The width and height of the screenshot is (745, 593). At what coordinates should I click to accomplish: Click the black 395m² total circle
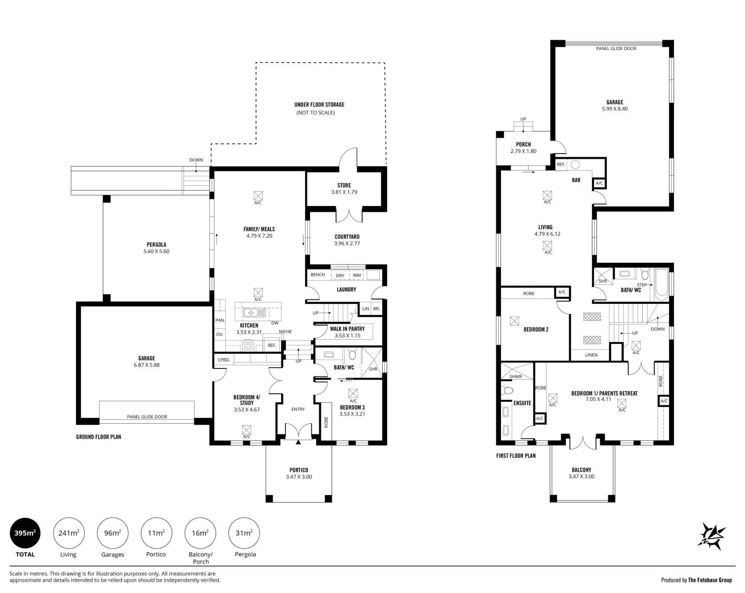tap(25, 533)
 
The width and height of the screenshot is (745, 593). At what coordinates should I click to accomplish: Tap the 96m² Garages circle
tap(112, 533)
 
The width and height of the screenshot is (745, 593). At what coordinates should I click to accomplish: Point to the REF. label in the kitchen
tap(272, 345)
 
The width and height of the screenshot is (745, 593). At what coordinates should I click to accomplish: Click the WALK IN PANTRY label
tap(347, 329)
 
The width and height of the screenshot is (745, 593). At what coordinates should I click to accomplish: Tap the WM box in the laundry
tap(357, 275)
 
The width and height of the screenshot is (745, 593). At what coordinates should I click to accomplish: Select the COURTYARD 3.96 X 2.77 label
tap(347, 240)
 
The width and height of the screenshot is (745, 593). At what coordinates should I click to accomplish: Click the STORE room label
tap(344, 185)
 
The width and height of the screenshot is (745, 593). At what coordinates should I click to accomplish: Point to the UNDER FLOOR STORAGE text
tap(319, 105)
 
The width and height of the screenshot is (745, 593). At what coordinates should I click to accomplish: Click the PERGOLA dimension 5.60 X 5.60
tap(156, 251)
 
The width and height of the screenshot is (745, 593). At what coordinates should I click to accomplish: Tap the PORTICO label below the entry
tap(299, 470)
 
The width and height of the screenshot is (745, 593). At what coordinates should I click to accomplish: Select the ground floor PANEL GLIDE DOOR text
tap(147, 417)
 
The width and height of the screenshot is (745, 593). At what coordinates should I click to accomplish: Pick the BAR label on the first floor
tap(576, 180)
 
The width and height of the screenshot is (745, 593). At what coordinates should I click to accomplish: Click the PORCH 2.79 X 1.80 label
tap(523, 148)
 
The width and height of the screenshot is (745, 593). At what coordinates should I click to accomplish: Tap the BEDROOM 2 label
tap(536, 329)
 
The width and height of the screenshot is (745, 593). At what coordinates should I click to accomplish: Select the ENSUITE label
tap(522, 403)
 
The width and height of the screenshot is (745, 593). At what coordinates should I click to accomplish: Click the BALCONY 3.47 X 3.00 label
tap(581, 473)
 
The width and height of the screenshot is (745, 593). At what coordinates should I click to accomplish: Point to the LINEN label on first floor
tap(591, 355)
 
